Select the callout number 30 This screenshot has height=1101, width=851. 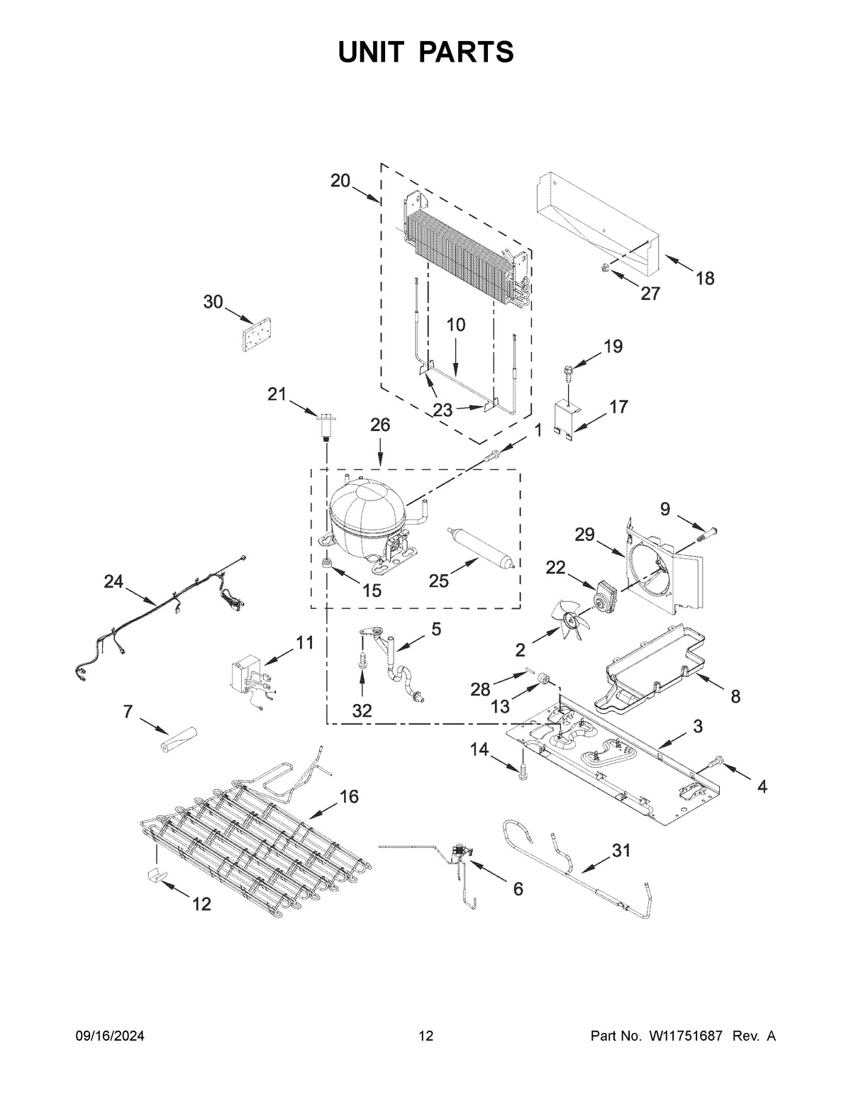point(213,302)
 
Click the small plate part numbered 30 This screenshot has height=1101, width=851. point(257,332)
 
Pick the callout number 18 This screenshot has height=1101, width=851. point(704,278)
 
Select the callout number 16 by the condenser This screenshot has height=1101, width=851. point(348,796)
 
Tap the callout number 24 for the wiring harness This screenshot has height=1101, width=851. point(113,582)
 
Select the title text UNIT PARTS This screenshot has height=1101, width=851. point(425,52)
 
